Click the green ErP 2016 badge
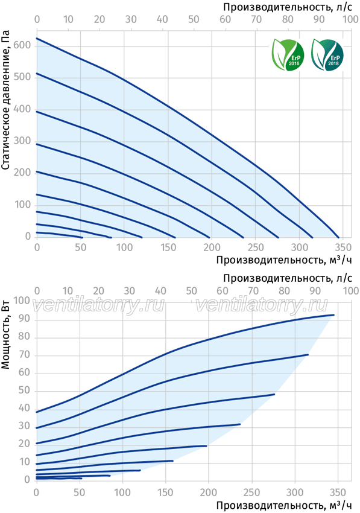click(x=288, y=55)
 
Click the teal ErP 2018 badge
click(x=327, y=55)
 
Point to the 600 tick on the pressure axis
click(x=22, y=45)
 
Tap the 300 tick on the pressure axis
click(x=22, y=141)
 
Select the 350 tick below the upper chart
click(x=343, y=247)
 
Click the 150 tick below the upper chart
click(x=168, y=247)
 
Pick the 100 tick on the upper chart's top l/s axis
click(x=350, y=19)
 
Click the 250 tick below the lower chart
click(x=252, y=492)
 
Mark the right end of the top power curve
click(x=334, y=314)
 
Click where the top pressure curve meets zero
click(x=339, y=238)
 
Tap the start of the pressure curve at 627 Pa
click(x=37, y=38)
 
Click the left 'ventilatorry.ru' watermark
click(x=98, y=305)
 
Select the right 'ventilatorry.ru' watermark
click(x=262, y=305)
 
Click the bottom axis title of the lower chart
click(x=284, y=506)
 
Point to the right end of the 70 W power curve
click(x=308, y=354)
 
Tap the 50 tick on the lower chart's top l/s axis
click(x=191, y=291)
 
